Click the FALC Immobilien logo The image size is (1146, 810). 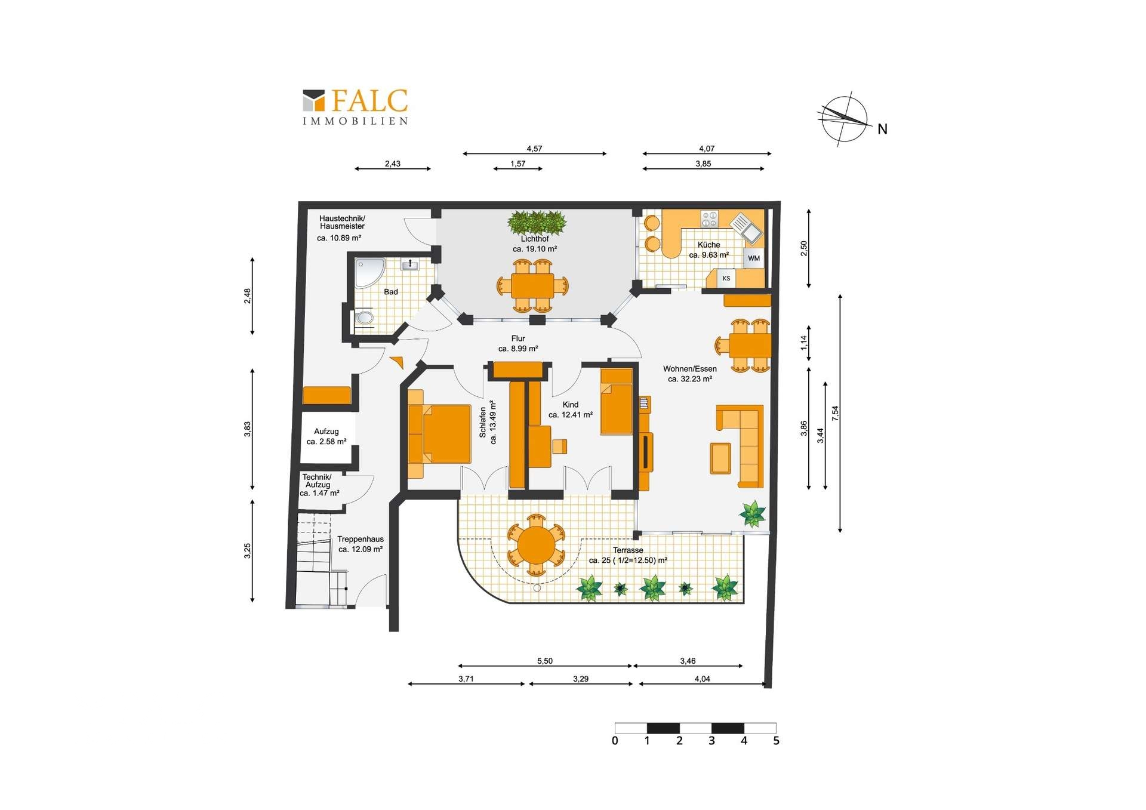[355, 107]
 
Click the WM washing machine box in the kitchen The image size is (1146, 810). [753, 258]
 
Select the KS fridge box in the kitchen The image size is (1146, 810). [726, 278]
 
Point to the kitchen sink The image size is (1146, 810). [746, 228]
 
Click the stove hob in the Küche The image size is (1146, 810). [709, 219]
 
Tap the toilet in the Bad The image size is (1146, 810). [363, 318]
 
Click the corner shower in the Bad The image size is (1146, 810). [369, 273]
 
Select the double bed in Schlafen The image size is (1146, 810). [439, 434]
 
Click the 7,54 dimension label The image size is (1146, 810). [836, 413]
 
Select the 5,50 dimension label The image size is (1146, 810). [545, 661]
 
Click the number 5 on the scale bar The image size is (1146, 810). [776, 741]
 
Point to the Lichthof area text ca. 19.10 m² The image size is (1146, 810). [535, 249]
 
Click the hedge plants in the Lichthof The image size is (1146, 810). [537, 222]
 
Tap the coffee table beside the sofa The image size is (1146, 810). [720, 458]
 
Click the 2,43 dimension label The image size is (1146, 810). [393, 164]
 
